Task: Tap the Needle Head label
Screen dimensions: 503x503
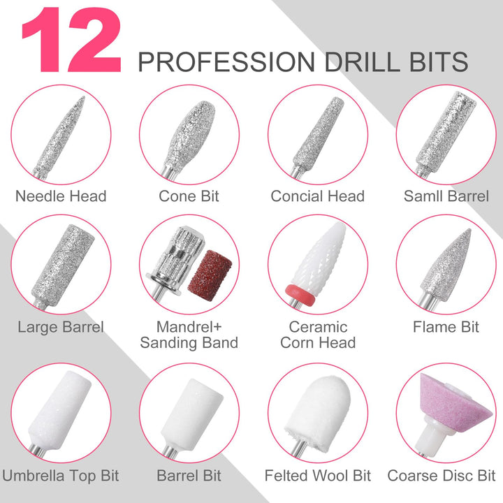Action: [61, 196]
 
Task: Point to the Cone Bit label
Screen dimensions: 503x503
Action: [189, 196]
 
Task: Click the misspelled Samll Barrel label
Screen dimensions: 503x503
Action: [446, 196]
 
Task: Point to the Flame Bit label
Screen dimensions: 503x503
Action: [446, 327]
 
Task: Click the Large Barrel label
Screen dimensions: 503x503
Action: [61, 327]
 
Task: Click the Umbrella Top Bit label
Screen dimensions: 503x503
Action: [61, 476]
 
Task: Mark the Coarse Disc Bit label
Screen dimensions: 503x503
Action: [442, 476]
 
